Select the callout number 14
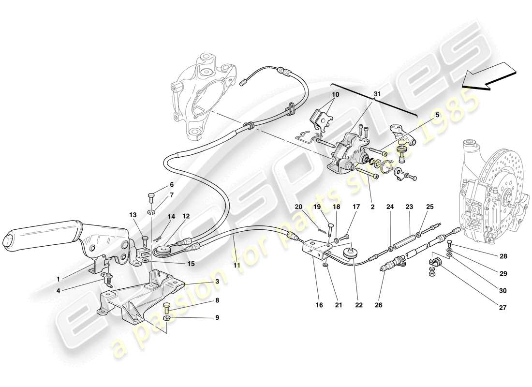[x=171, y=217]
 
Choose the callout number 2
[x=372, y=207]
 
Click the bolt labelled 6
[x=151, y=196]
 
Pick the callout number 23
[x=409, y=207]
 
